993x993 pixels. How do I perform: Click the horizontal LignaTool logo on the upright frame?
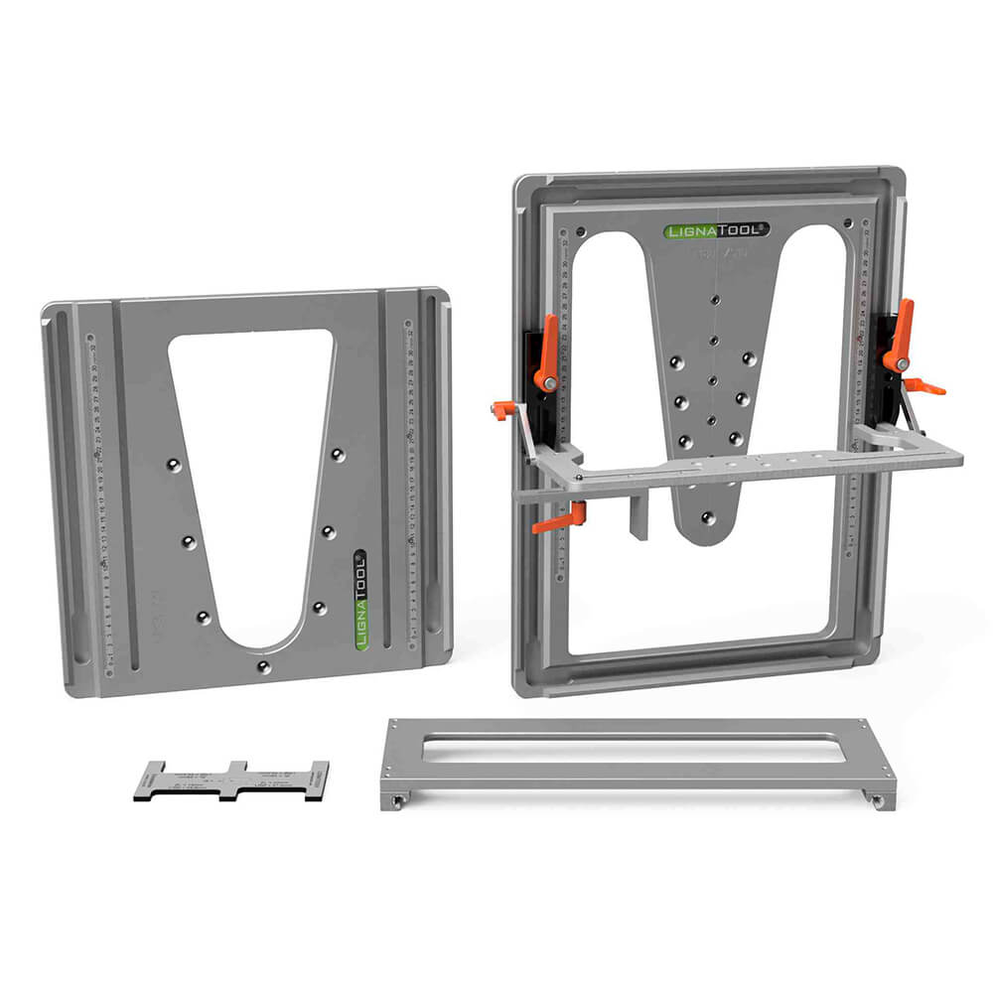716,230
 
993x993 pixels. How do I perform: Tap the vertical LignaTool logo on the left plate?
360,602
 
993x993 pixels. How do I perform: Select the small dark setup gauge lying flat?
230,780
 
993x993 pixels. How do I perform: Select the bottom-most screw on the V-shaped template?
706,517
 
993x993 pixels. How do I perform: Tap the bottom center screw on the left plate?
263,666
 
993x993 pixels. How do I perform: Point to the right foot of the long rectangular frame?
877,798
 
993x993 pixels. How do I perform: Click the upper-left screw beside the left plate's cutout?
173,464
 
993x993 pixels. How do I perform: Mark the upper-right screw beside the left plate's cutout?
338,454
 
